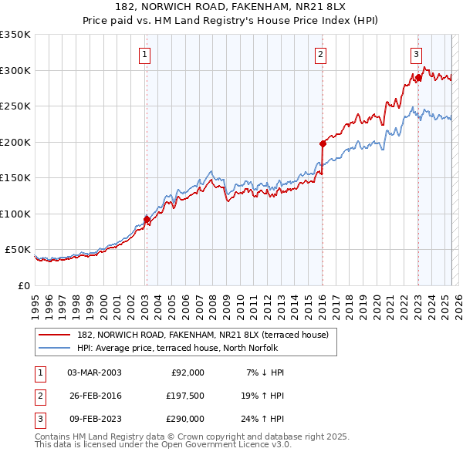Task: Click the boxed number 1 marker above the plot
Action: click(x=145, y=54)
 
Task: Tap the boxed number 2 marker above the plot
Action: click(x=320, y=54)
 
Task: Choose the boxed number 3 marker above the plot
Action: click(x=416, y=54)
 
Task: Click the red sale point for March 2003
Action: click(x=147, y=220)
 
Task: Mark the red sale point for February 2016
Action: click(x=323, y=143)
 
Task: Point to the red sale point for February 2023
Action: click(x=418, y=77)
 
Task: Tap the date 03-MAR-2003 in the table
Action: click(x=95, y=372)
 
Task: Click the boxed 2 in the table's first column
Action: click(x=39, y=396)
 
